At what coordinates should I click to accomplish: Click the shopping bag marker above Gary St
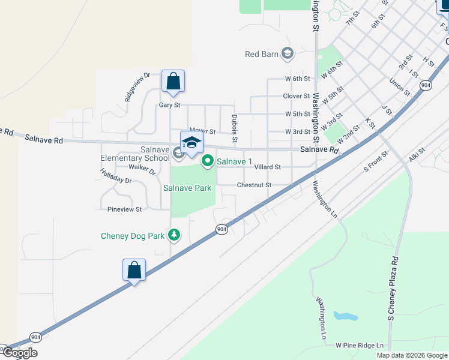173,82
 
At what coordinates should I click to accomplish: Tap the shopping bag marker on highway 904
134,271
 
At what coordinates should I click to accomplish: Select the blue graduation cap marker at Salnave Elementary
191,143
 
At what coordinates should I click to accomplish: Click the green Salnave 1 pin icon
208,161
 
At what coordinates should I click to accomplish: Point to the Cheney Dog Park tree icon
174,235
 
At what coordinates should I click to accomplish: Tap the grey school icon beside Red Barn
288,54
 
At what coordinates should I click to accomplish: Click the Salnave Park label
187,188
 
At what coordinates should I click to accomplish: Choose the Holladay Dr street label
115,176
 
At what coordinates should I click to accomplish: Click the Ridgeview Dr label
137,88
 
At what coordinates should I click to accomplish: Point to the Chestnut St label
254,185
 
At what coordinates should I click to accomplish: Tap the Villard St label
267,167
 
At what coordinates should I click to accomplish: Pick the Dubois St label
235,128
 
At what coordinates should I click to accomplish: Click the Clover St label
297,96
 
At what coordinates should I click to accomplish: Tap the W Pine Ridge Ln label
359,346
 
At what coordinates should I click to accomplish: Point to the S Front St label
376,162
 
